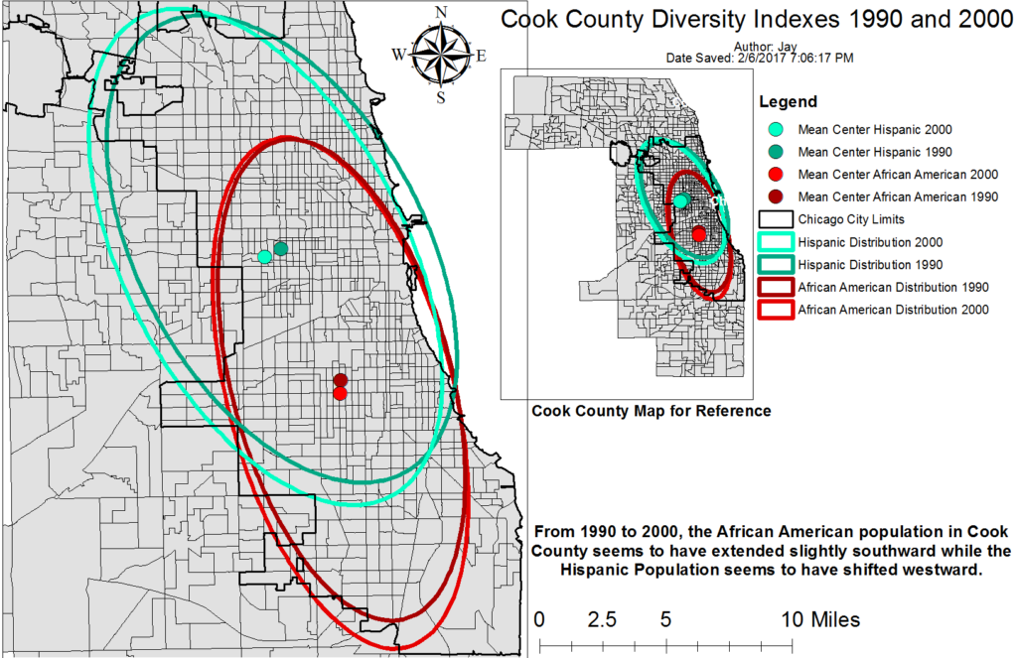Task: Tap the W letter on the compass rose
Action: tap(399, 56)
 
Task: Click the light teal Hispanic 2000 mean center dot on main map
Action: tap(264, 256)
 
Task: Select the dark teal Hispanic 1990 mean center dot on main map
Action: tap(281, 248)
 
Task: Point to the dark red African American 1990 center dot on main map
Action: tap(341, 380)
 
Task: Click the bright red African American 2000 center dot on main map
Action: tap(340, 393)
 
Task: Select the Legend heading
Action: tap(788, 101)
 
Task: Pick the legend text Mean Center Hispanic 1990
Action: tap(875, 152)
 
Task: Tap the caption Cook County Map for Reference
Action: tap(652, 410)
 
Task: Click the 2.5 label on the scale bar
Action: tap(602, 620)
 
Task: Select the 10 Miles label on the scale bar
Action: tap(819, 620)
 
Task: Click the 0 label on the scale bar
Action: tap(539, 620)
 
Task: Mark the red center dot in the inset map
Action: tap(699, 234)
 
